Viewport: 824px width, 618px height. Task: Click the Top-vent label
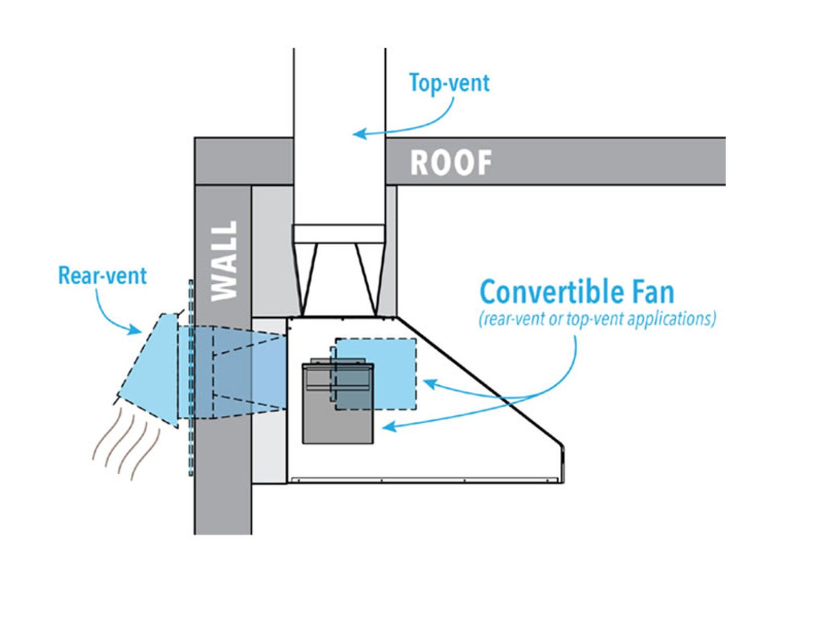pyautogui.click(x=449, y=83)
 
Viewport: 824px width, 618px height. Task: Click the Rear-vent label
pyautogui.click(x=102, y=276)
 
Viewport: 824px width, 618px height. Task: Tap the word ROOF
pyautogui.click(x=451, y=163)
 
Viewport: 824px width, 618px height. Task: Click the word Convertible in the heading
pyautogui.click(x=554, y=292)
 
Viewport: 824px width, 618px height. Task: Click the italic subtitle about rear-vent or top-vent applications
pyautogui.click(x=597, y=319)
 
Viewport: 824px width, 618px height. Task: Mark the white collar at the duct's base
pyautogui.click(x=338, y=234)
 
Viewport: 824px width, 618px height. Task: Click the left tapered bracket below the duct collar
pyautogui.click(x=307, y=278)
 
